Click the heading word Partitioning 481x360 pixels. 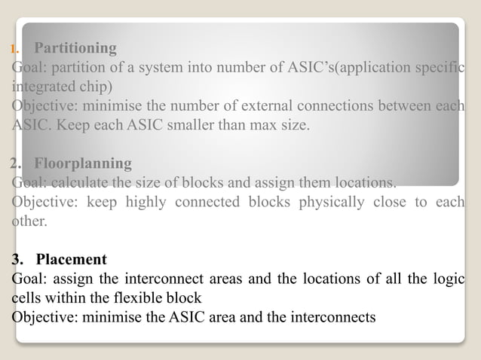75,49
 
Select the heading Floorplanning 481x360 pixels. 83,163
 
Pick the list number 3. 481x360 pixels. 17,260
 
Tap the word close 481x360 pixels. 401,202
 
